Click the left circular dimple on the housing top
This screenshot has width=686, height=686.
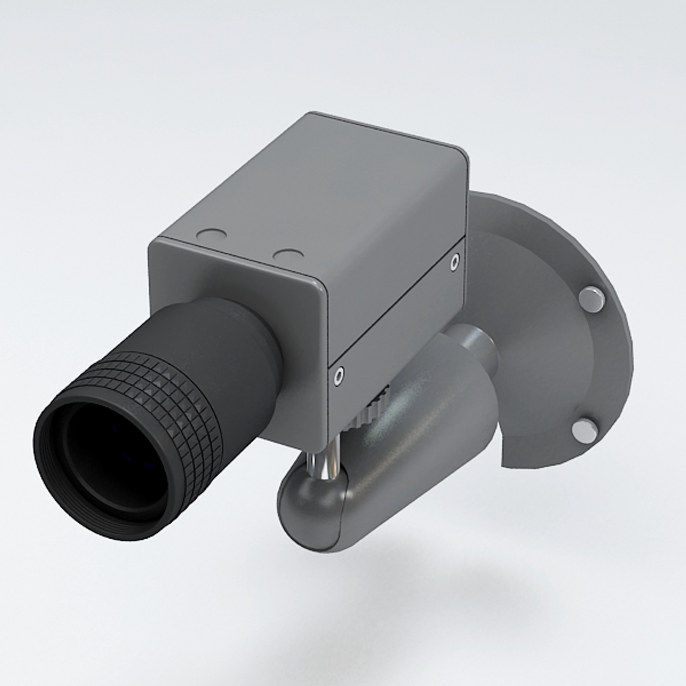pos(211,235)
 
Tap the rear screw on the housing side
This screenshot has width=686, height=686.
pos(454,261)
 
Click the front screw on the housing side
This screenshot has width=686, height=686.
pos(339,375)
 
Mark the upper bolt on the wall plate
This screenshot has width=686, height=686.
pos(591,298)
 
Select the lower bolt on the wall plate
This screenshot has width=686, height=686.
pos(584,430)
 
